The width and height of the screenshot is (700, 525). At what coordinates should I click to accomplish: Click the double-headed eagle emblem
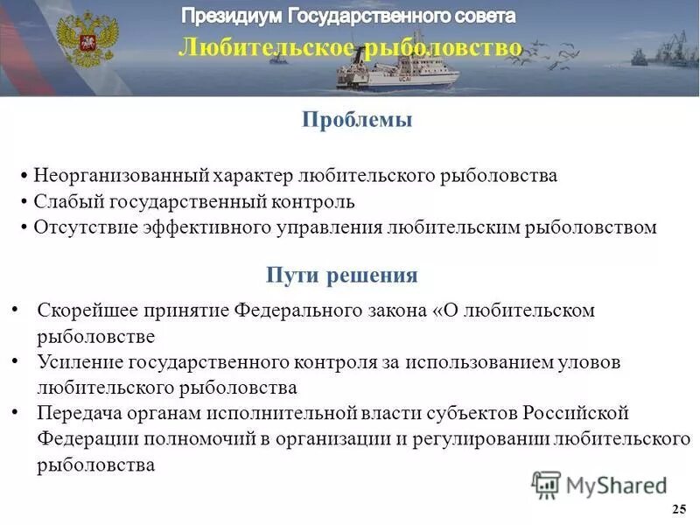(x=86, y=39)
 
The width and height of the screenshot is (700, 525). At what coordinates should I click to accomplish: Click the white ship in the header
(x=398, y=69)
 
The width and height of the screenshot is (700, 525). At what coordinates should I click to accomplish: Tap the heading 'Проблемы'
(x=357, y=121)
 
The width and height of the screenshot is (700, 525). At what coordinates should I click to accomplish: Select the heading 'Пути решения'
(x=342, y=276)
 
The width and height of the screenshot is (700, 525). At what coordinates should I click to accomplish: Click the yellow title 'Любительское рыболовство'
(x=350, y=47)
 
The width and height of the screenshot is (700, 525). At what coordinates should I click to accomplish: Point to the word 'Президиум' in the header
(x=233, y=16)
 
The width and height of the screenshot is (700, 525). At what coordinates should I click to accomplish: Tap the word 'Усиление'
(x=75, y=361)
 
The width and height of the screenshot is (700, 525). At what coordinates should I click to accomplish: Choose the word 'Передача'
(x=77, y=413)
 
